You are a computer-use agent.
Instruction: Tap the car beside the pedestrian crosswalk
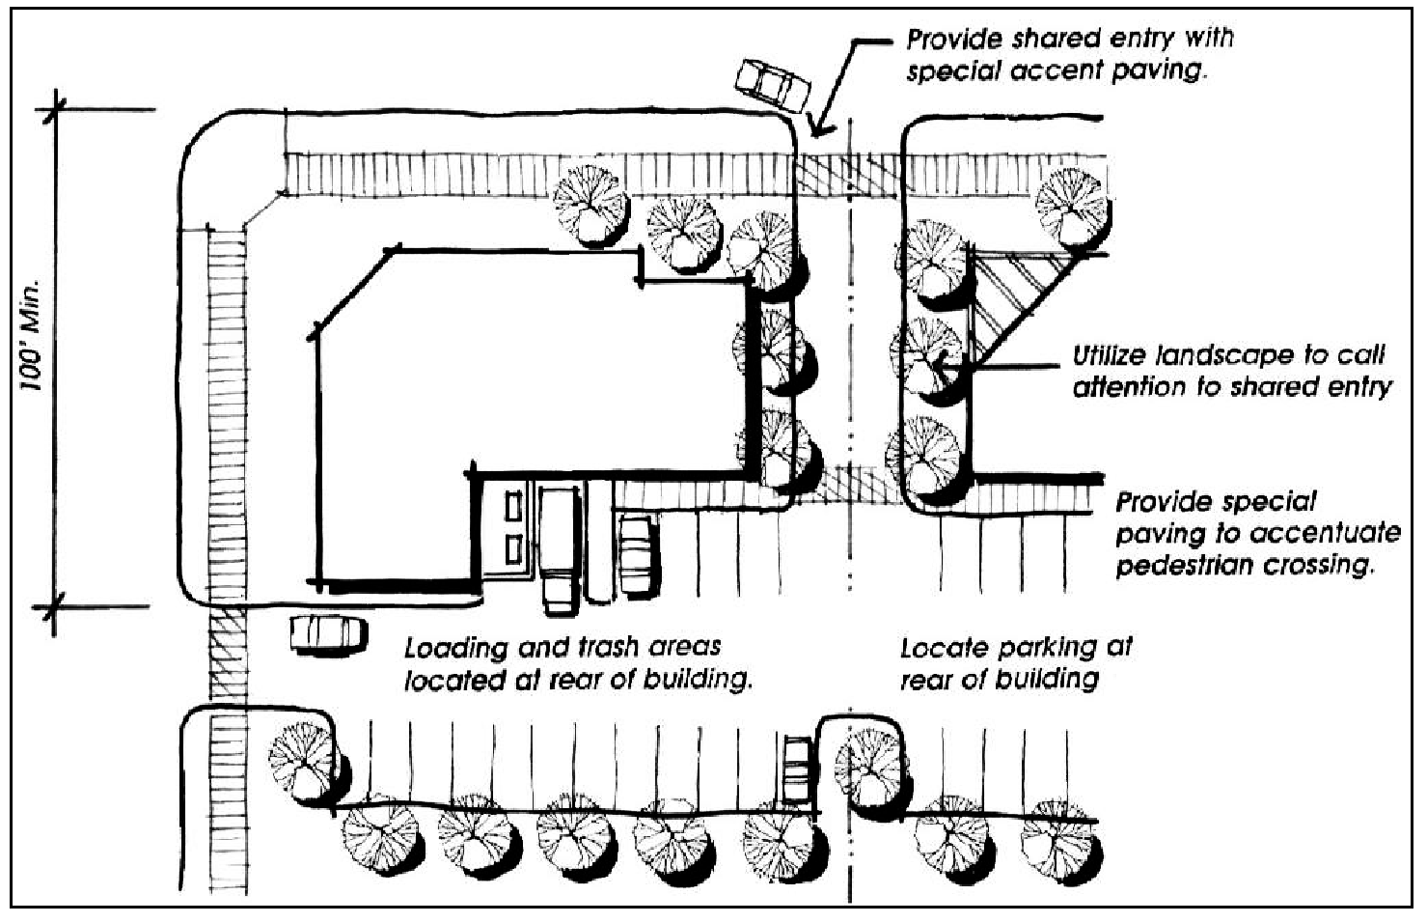coord(328,633)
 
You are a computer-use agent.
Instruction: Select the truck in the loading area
coord(558,548)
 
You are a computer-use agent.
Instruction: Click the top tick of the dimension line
coord(55,110)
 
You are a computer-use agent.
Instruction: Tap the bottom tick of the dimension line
coord(55,606)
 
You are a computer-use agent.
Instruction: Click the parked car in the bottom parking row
coord(796,770)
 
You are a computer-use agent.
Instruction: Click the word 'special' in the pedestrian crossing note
coord(1266,502)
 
